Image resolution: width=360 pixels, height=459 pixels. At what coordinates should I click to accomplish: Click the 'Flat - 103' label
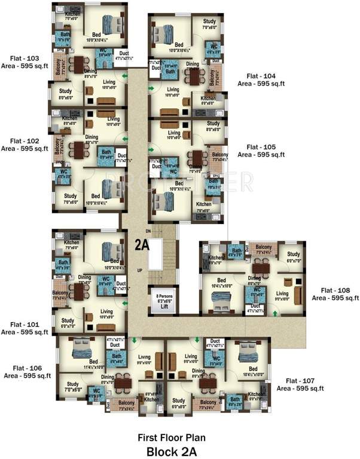click(25, 59)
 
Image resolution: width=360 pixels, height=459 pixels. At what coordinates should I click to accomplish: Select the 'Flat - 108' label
click(335, 289)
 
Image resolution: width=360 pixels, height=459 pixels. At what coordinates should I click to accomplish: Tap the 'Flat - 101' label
click(25, 325)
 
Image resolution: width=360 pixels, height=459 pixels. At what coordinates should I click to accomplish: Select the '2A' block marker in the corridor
click(141, 244)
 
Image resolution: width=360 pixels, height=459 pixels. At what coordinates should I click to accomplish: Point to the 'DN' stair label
click(148, 230)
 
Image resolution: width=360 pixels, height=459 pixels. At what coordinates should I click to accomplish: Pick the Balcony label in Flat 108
click(264, 246)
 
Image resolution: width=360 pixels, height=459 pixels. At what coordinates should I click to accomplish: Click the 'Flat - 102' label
click(25, 142)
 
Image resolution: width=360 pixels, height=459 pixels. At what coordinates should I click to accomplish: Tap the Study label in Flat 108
click(293, 255)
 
